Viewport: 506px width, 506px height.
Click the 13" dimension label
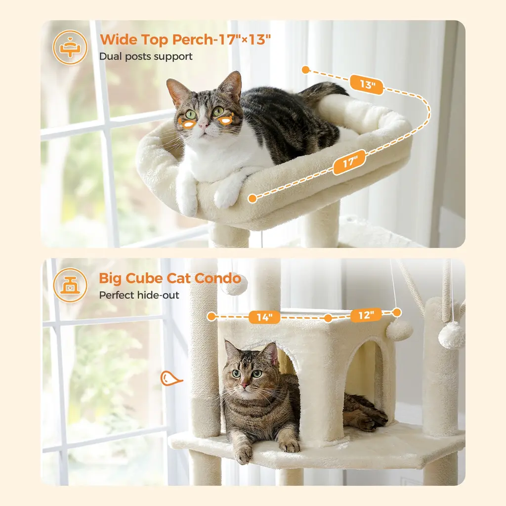(367, 84)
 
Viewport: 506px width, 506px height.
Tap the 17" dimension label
(349, 162)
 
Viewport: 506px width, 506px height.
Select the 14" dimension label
(264, 317)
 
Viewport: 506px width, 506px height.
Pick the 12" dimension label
(366, 315)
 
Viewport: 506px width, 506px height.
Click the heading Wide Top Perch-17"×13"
(185, 40)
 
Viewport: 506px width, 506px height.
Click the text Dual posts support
(146, 56)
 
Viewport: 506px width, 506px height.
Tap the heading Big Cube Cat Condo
(170, 278)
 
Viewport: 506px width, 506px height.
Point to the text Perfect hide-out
(139, 295)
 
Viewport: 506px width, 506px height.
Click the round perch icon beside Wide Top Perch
(70, 47)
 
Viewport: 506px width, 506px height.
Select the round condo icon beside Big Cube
(70, 285)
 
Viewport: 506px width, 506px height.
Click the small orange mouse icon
(170, 378)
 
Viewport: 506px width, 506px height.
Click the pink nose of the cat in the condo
(244, 385)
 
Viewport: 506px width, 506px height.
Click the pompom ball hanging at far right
(451, 335)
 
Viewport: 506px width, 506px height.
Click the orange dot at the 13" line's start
(306, 70)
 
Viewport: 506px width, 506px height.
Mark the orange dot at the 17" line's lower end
(253, 198)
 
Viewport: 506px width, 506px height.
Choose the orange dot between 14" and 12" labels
(328, 319)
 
